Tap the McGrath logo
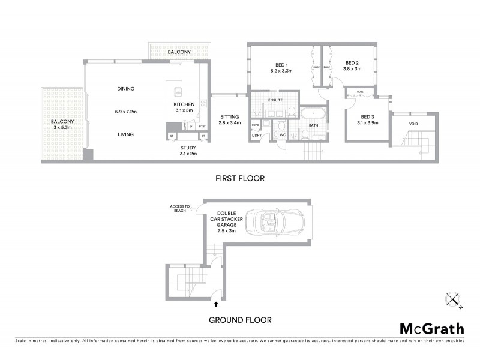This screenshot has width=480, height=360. point(431,328)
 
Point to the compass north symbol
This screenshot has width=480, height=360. point(454,300)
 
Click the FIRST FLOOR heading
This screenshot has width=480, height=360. point(239,178)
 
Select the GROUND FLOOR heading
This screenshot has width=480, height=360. point(239,320)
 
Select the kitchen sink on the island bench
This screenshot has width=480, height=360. point(178,92)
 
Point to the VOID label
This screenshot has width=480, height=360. point(413,124)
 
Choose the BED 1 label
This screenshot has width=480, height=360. point(281,65)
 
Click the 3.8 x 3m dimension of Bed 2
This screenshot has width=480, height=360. point(352,69)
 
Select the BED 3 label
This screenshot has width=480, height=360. point(367,117)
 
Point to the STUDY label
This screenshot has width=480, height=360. point(188,147)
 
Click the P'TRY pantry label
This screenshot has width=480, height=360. point(202,127)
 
